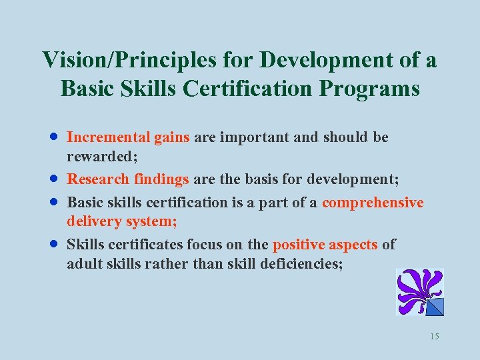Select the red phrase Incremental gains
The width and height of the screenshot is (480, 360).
pyautogui.click(x=129, y=137)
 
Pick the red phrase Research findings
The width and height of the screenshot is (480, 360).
pyautogui.click(x=129, y=179)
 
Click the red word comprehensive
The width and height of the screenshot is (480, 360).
pyautogui.click(x=373, y=203)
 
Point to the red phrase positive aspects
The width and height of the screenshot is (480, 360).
pyautogui.click(x=325, y=245)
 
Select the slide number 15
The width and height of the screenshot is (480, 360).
pyautogui.click(x=435, y=337)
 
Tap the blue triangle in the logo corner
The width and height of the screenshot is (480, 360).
pyautogui.click(x=435, y=307)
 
